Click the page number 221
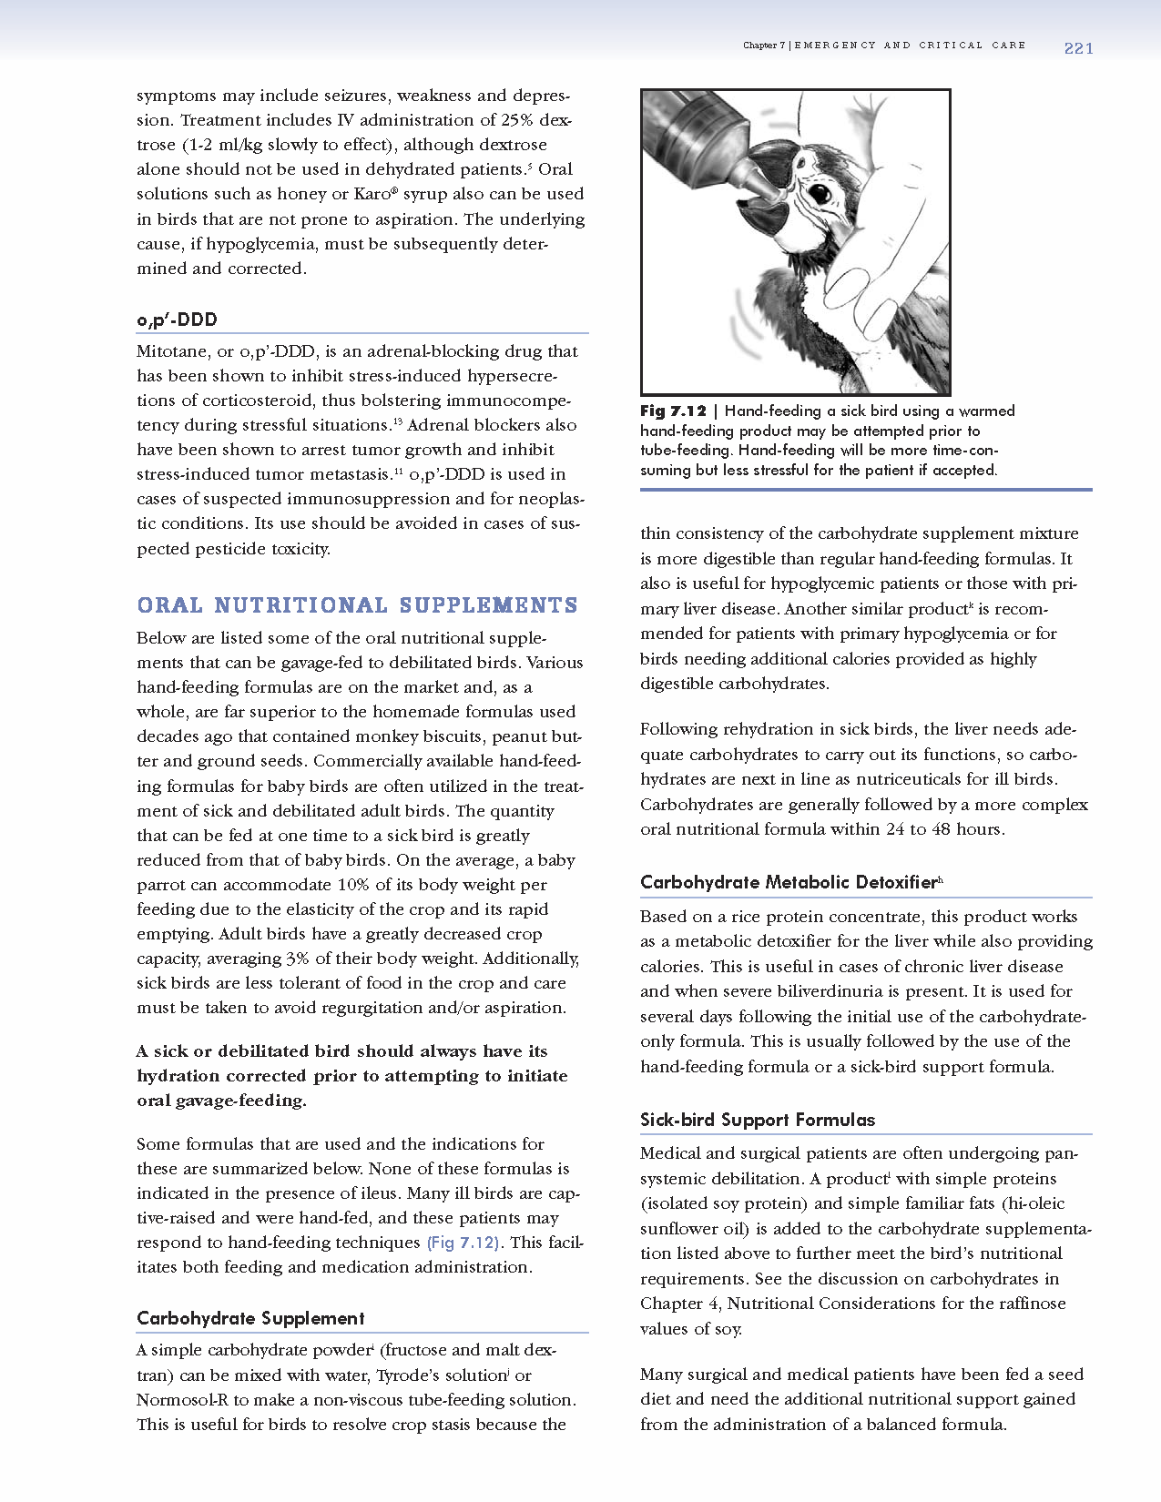pos(1078,48)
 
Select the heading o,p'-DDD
pos(177,320)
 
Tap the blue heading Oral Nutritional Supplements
pos(357,605)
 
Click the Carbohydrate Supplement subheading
pos(250,1318)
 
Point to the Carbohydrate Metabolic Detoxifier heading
pos(789,882)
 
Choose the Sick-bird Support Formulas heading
pos(757,1120)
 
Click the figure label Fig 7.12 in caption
pos(673,411)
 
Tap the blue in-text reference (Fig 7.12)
pos(463,1243)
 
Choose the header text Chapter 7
pos(763,46)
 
